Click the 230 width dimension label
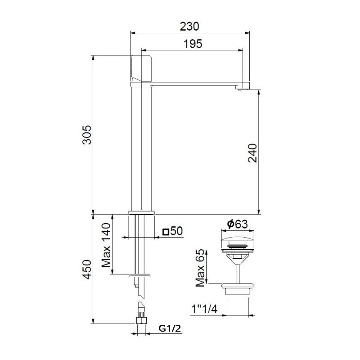tap(189, 26)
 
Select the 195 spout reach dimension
tap(193, 44)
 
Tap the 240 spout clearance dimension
tap(252, 153)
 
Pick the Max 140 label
tap(106, 245)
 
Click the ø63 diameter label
tap(237, 224)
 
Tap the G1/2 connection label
tap(170, 329)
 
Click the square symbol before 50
tap(166, 232)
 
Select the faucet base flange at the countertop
tap(141, 212)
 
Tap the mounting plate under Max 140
tap(140, 274)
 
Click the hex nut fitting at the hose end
tap(141, 321)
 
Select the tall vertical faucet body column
tap(141, 148)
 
